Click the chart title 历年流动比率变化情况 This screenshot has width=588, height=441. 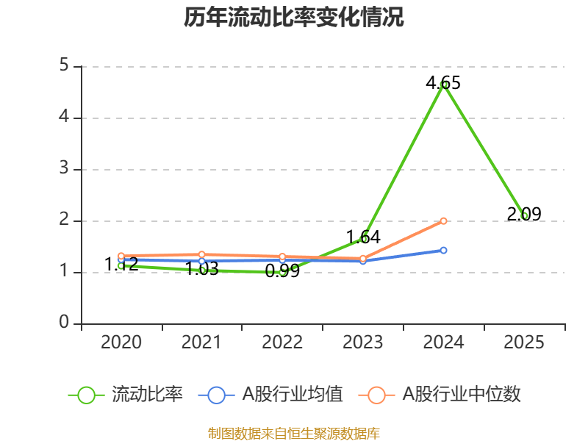pyautogui.click(x=294, y=17)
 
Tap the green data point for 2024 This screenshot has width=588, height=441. pyautogui.click(x=444, y=85)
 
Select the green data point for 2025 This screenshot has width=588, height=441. pyautogui.click(x=524, y=215)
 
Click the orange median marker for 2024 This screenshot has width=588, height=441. pyautogui.click(x=443, y=220)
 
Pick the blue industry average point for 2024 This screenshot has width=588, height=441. pyautogui.click(x=443, y=250)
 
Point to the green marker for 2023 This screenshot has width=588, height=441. pyautogui.click(x=363, y=239)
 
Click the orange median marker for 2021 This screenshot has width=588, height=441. pyautogui.click(x=202, y=254)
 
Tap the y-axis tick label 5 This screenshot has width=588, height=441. pyautogui.click(x=64, y=66)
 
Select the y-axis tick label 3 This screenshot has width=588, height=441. pyautogui.click(x=64, y=169)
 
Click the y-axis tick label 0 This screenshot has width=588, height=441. pyautogui.click(x=64, y=323)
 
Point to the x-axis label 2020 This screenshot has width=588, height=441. pyautogui.click(x=121, y=343)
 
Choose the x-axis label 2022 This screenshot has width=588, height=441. pyautogui.click(x=282, y=343)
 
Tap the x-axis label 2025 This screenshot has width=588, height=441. pyautogui.click(x=524, y=343)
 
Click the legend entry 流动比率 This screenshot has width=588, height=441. pyautogui.click(x=147, y=395)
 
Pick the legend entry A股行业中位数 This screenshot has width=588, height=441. pyautogui.click(x=462, y=395)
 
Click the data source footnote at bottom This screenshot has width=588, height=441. pyautogui.click(x=294, y=434)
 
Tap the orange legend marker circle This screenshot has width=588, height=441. pyautogui.click(x=377, y=395)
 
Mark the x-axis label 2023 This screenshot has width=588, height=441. pyautogui.click(x=363, y=343)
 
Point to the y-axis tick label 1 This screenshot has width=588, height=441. pyautogui.click(x=64, y=272)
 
